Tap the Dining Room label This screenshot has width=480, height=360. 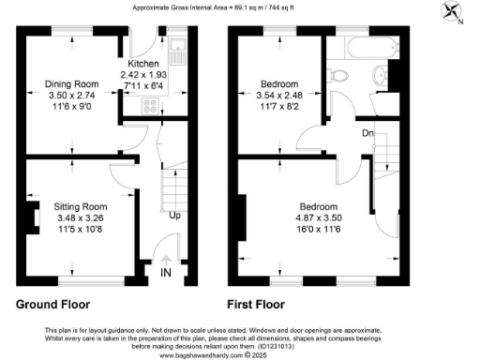click(71, 83)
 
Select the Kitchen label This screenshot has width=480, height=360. click(140, 64)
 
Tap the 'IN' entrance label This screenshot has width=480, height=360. click(167, 273)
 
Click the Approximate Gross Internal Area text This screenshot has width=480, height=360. click(239, 7)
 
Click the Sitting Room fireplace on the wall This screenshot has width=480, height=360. click(34, 216)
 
